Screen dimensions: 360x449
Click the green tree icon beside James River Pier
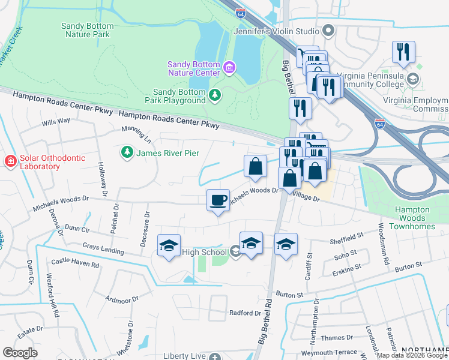[127, 153]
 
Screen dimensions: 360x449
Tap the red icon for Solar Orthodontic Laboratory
[10, 161]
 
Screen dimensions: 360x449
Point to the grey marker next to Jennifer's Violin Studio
[328, 30]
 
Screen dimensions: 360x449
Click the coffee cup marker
[218, 199]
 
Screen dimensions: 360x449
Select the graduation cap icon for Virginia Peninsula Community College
[413, 79]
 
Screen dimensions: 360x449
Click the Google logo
[20, 353]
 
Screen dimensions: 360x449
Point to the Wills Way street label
[55, 121]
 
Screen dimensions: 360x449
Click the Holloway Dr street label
[101, 175]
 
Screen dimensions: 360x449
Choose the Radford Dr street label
[246, 313]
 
